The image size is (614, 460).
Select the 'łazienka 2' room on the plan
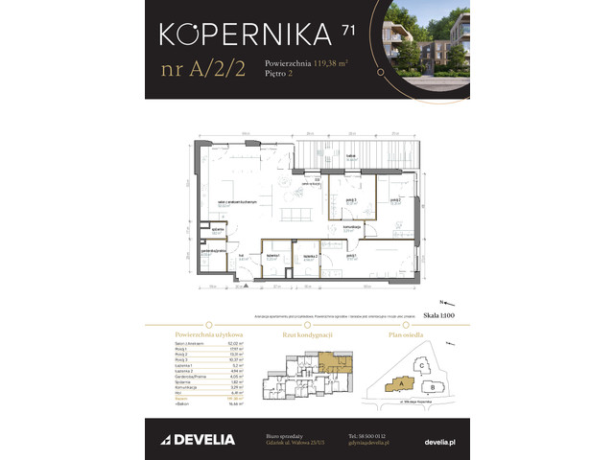[x=309, y=256]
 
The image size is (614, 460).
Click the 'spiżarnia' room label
[x=218, y=231]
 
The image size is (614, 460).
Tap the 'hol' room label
[x=243, y=256]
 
